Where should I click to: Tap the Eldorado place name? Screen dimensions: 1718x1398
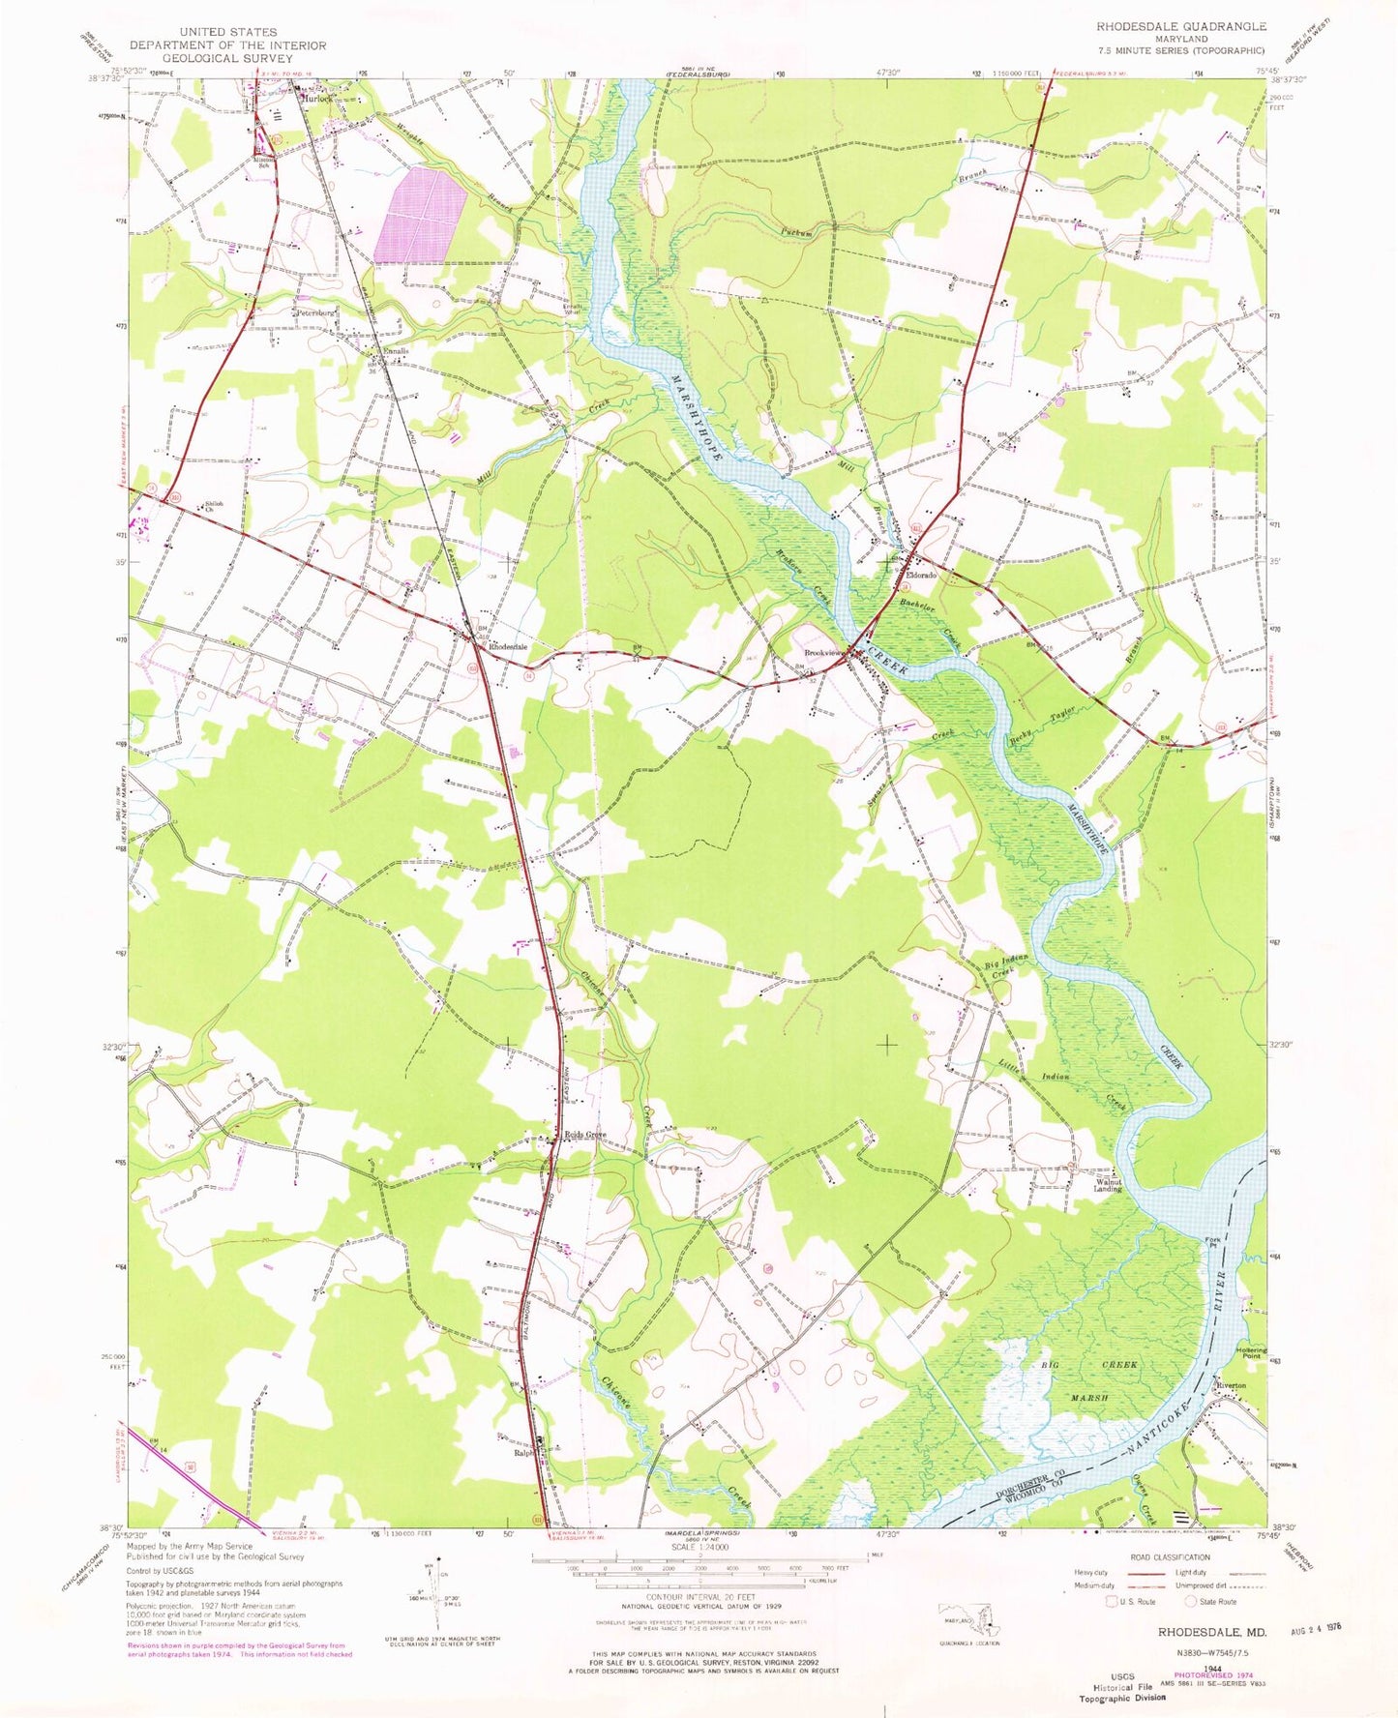click(920, 576)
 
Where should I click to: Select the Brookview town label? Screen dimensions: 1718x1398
click(822, 652)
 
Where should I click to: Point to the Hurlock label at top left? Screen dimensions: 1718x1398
click(318, 99)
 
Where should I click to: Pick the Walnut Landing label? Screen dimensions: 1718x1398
click(1108, 1185)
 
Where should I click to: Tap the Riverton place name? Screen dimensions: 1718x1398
click(1232, 1385)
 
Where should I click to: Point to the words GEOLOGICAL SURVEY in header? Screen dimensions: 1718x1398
click(227, 58)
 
